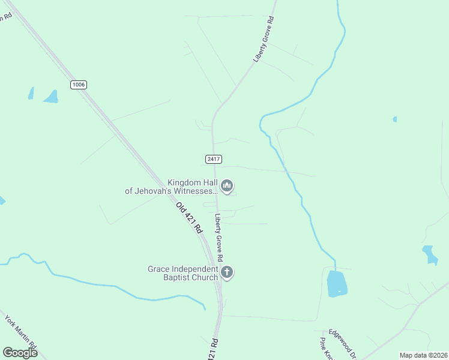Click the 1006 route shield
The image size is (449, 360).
[79, 85]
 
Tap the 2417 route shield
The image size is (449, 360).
[214, 159]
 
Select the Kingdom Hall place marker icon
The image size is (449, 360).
[227, 187]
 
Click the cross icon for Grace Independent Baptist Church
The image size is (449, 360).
[227, 273]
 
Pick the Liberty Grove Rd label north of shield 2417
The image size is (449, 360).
[264, 40]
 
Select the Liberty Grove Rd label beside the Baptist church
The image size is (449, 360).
[220, 238]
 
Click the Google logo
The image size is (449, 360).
[20, 353]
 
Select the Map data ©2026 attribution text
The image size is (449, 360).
[423, 355]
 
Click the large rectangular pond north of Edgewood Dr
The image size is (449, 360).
[337, 283]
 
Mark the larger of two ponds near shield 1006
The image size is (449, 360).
[52, 97]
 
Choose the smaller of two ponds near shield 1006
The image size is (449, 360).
[31, 93]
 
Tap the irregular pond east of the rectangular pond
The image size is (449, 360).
[430, 254]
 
